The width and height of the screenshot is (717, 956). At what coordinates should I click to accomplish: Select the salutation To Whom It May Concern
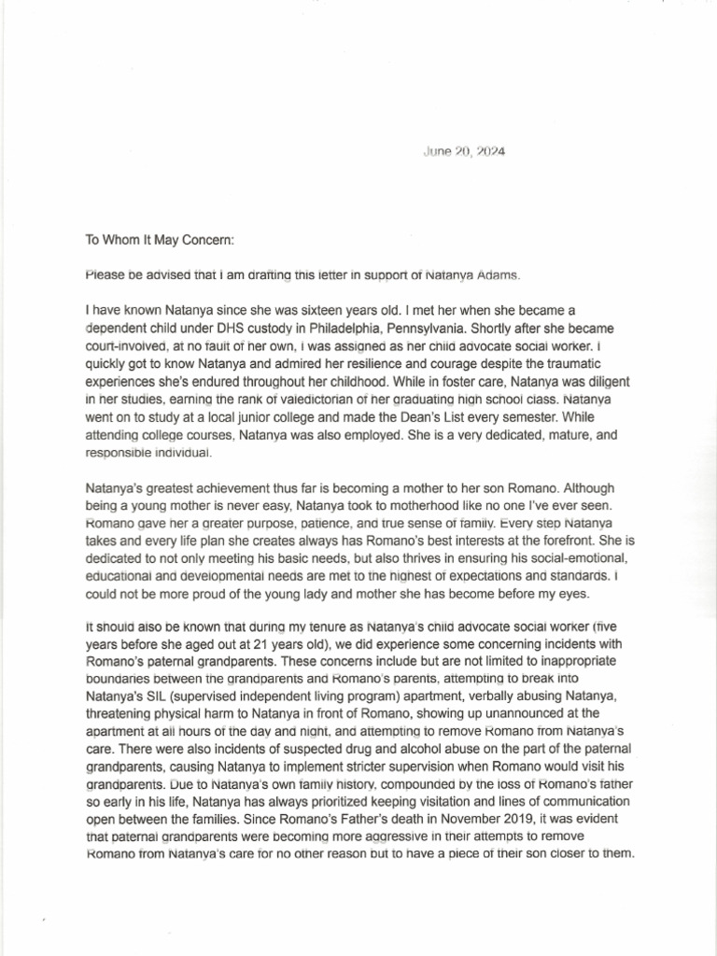tap(159, 239)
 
